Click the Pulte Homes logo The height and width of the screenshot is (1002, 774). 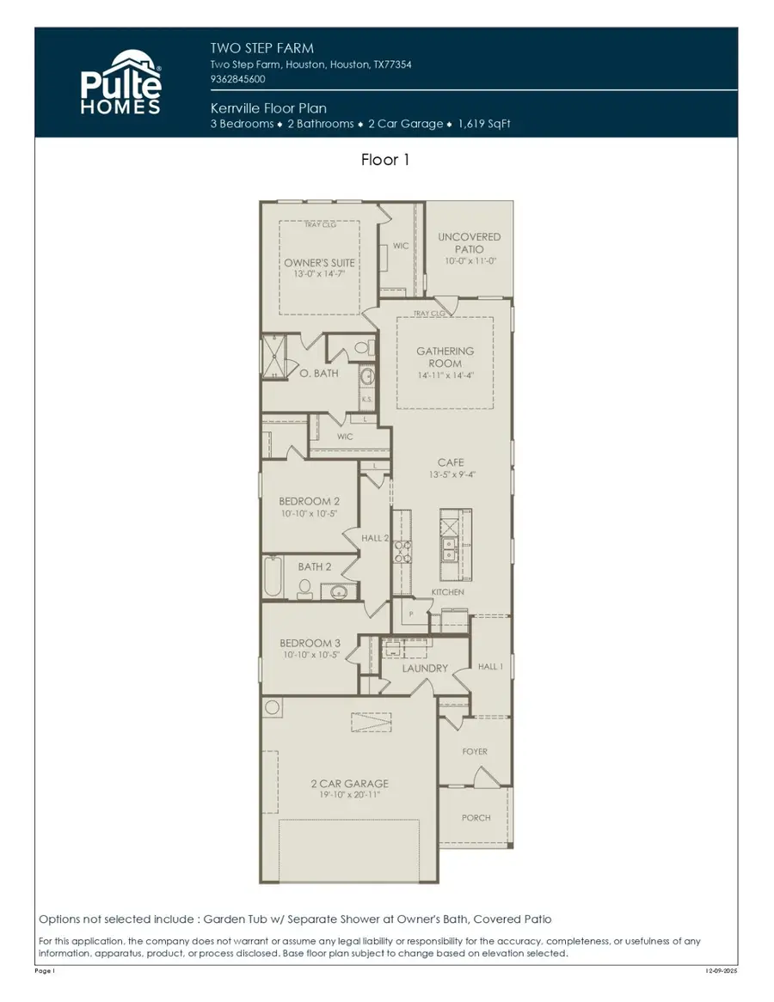click(121, 82)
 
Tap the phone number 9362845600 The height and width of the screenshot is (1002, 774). click(238, 79)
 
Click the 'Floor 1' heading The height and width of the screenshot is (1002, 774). click(385, 160)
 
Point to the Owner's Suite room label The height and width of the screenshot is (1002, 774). click(320, 263)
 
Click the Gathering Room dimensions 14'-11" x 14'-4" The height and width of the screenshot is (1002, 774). click(445, 376)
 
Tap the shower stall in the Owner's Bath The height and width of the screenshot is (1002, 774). click(274, 357)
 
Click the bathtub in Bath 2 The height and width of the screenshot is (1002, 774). click(273, 577)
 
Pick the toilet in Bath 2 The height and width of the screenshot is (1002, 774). click(304, 588)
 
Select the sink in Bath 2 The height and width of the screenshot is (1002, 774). click(338, 591)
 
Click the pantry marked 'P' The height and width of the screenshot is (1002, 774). click(411, 614)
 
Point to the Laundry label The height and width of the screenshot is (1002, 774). click(425, 668)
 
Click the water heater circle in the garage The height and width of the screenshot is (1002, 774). click(273, 708)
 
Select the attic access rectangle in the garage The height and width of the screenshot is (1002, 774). click(376, 723)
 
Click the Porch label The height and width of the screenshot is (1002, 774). click(476, 817)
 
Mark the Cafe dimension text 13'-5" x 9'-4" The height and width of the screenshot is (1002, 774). click(451, 474)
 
